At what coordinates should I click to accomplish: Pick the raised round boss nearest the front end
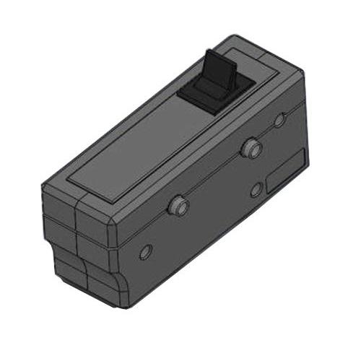click(177, 207)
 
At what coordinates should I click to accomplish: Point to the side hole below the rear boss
click(256, 189)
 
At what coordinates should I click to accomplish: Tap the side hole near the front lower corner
click(145, 252)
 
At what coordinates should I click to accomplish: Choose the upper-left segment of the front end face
click(59, 201)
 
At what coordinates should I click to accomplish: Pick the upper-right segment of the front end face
click(94, 217)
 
